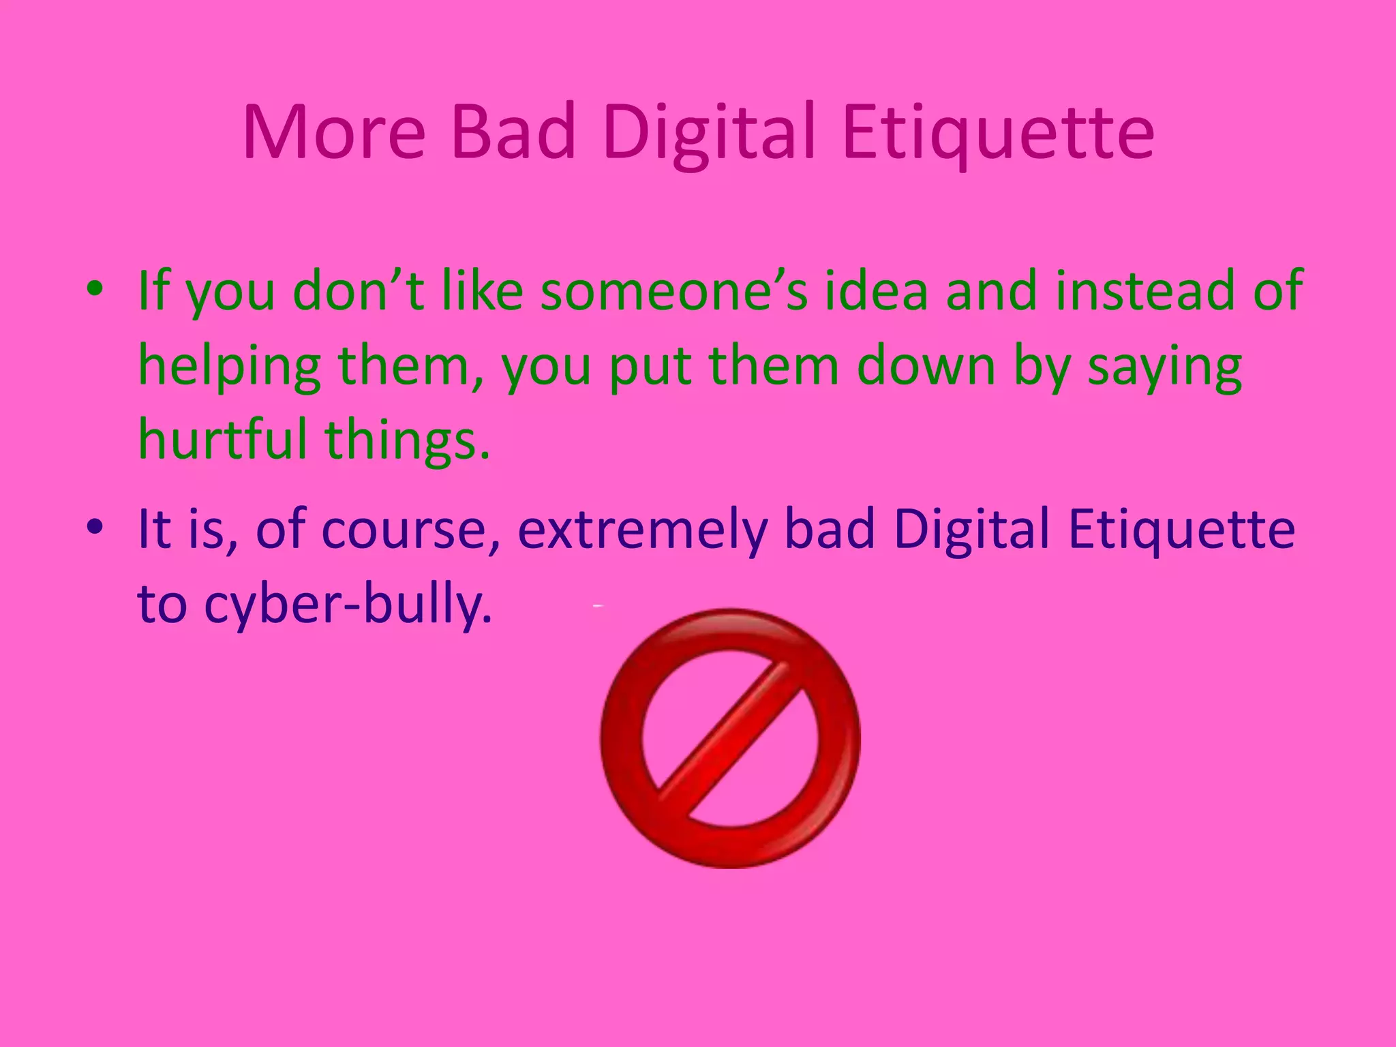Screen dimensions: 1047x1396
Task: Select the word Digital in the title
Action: click(x=709, y=134)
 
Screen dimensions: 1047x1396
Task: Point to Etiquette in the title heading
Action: click(x=998, y=132)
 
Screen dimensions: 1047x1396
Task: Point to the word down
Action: click(x=928, y=367)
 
